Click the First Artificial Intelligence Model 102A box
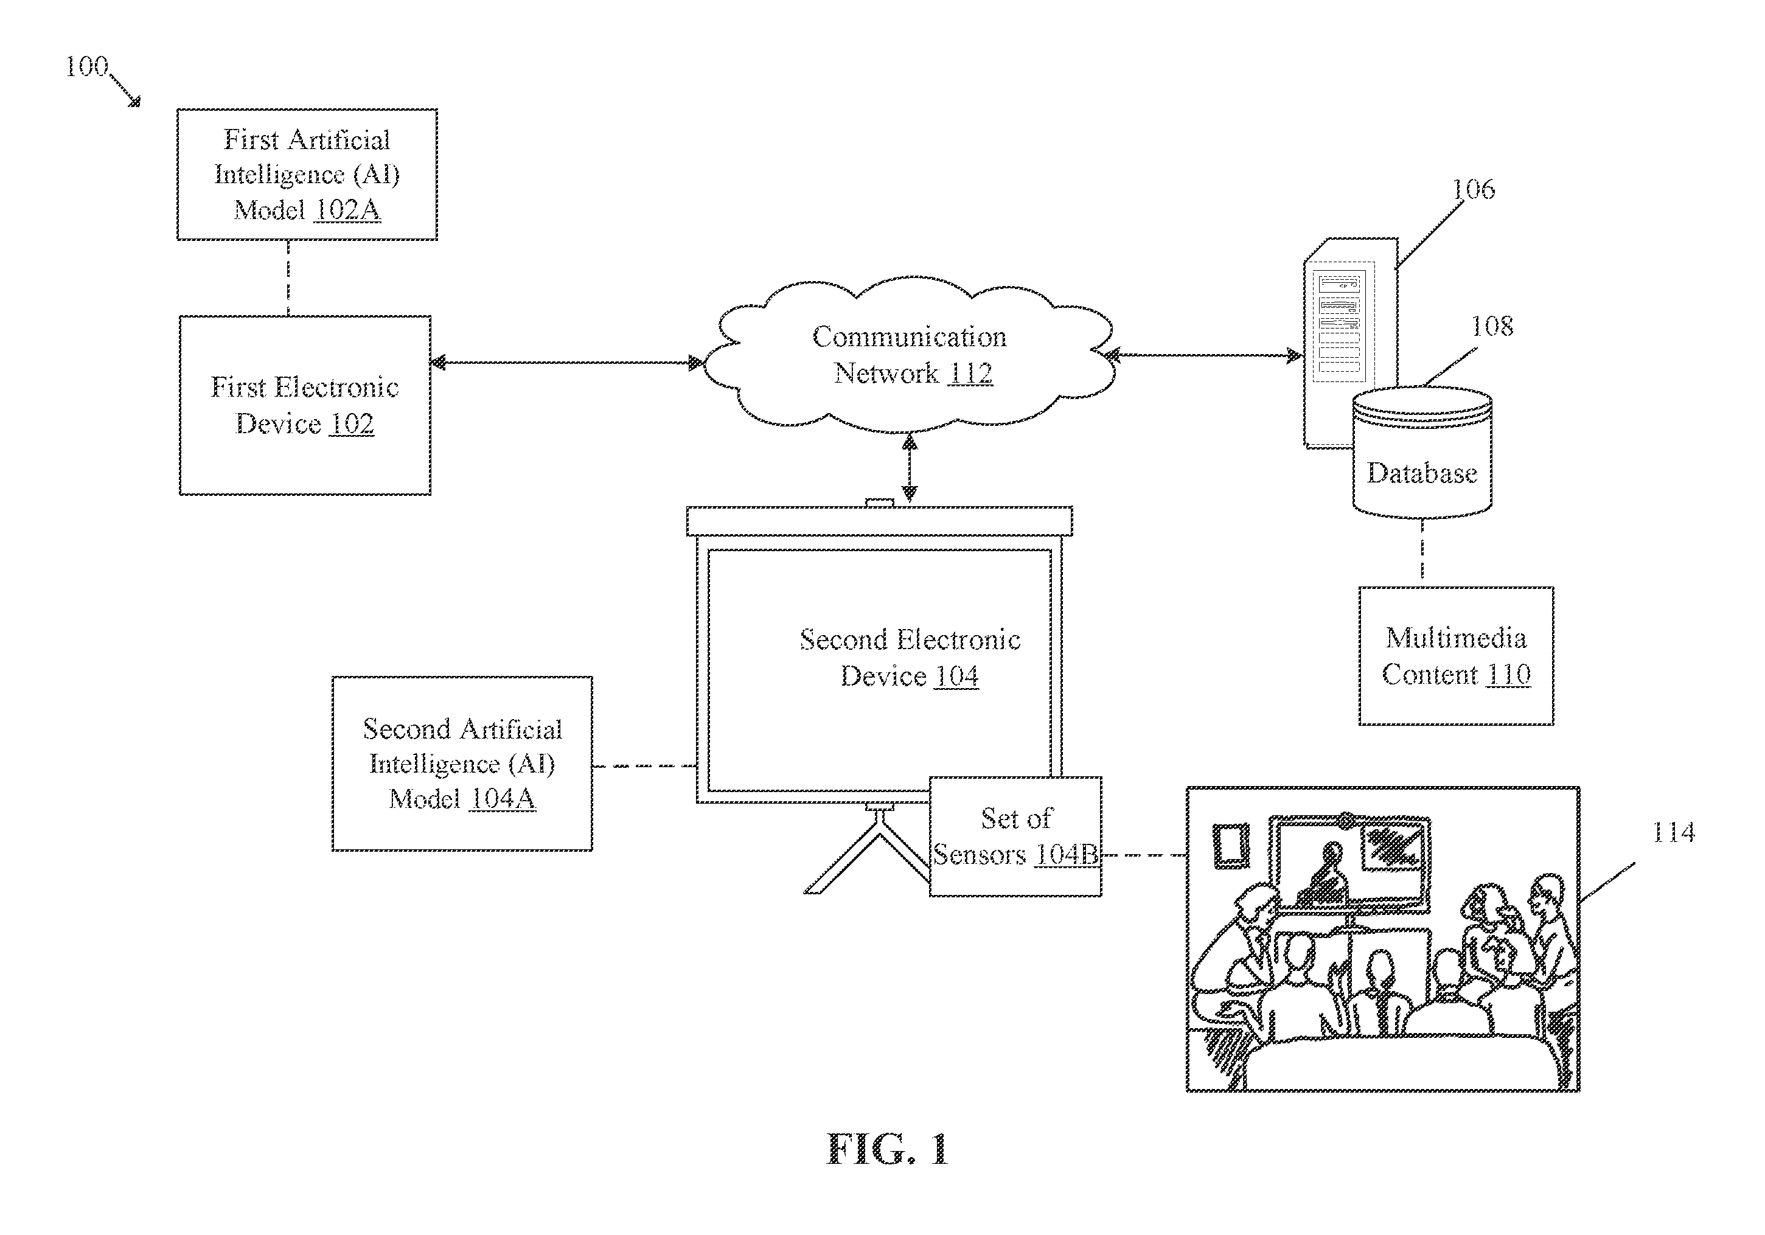(x=307, y=175)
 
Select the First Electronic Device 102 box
(x=305, y=405)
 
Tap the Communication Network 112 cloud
(x=910, y=354)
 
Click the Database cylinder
(x=1422, y=451)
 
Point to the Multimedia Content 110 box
(x=1456, y=656)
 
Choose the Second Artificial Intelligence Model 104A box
(x=462, y=763)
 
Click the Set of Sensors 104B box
(x=1015, y=836)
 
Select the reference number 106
(x=1473, y=189)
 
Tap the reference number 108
(x=1492, y=326)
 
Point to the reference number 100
(x=86, y=66)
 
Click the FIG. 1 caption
(x=888, y=1150)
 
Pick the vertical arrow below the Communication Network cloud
(x=910, y=467)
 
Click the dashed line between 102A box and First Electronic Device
(x=288, y=277)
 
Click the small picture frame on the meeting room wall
(x=1231, y=846)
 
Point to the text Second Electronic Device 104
(x=910, y=658)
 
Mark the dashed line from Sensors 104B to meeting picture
(x=1144, y=855)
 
